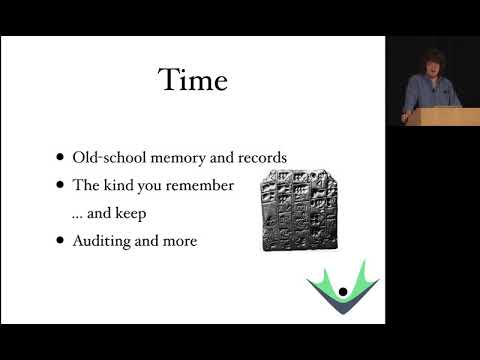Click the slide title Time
[192, 80]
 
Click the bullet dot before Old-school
[63, 158]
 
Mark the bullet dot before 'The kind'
[63, 185]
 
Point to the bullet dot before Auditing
[63, 240]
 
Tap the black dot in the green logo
[342, 292]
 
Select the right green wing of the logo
[362, 283]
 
